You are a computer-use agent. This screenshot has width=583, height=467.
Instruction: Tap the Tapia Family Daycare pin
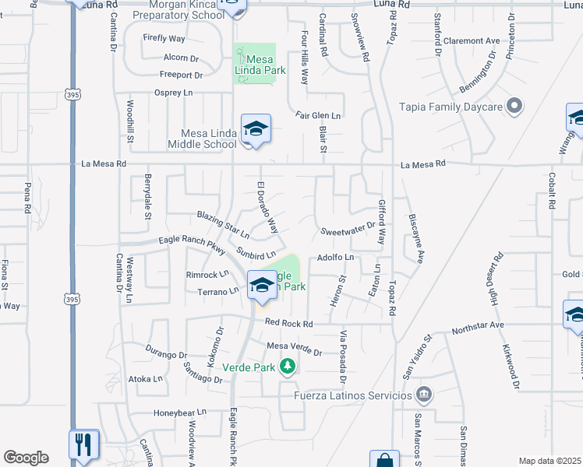tap(514, 106)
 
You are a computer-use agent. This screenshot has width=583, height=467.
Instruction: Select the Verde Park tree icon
tap(288, 365)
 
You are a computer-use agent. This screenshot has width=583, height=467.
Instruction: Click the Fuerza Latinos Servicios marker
tap(423, 395)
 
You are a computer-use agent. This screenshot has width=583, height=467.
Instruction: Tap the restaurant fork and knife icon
tap(83, 444)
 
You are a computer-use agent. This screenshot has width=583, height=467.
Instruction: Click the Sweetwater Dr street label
tap(348, 232)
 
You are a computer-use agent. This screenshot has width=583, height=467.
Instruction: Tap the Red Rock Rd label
tap(288, 323)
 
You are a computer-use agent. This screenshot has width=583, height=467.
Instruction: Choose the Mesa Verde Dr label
tap(294, 349)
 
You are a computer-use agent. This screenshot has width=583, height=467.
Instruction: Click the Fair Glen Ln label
tap(318, 116)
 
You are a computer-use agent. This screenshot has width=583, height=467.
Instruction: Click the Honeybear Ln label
tap(180, 412)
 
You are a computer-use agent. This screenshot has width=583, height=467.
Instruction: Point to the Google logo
tap(26, 458)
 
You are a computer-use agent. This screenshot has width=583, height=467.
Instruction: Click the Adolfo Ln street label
tap(335, 257)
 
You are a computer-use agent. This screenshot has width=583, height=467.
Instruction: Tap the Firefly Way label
tap(164, 37)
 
